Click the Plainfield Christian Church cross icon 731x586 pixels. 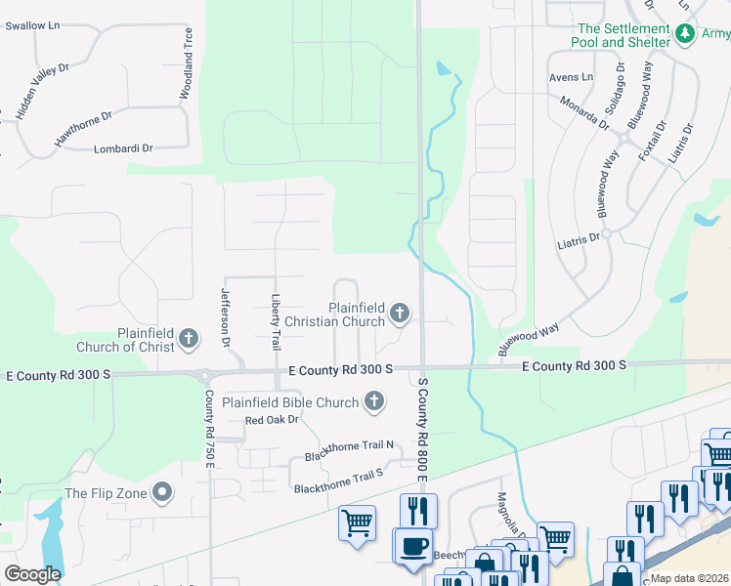(399, 313)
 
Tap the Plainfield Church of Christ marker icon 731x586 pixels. (189, 339)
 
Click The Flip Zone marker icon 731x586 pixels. (163, 492)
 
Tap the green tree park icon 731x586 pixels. (686, 35)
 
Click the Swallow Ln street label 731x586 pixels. (32, 25)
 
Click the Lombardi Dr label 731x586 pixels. (123, 148)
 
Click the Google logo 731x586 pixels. (32, 574)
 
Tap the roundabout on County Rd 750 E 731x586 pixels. (205, 375)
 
